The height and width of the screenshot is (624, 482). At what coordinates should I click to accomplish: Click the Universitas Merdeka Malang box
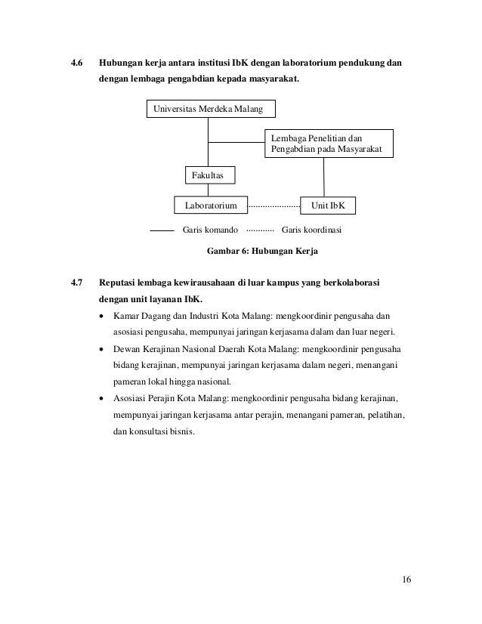click(x=209, y=110)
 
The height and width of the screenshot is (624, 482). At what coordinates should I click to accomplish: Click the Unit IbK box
click(x=327, y=205)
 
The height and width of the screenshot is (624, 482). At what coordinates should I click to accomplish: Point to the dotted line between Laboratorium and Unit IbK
click(x=273, y=205)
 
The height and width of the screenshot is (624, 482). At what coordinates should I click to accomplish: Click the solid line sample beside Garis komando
click(x=162, y=228)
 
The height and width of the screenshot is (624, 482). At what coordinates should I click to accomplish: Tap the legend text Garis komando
click(x=211, y=228)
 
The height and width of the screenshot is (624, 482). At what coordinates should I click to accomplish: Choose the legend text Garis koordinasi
click(x=311, y=228)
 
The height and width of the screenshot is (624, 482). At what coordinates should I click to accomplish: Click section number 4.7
click(x=76, y=284)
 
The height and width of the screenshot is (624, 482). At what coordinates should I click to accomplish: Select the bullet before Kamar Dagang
click(x=103, y=315)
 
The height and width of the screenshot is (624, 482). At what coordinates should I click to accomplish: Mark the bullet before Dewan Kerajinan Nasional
click(x=103, y=351)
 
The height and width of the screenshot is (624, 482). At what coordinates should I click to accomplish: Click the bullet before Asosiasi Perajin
click(x=103, y=399)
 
